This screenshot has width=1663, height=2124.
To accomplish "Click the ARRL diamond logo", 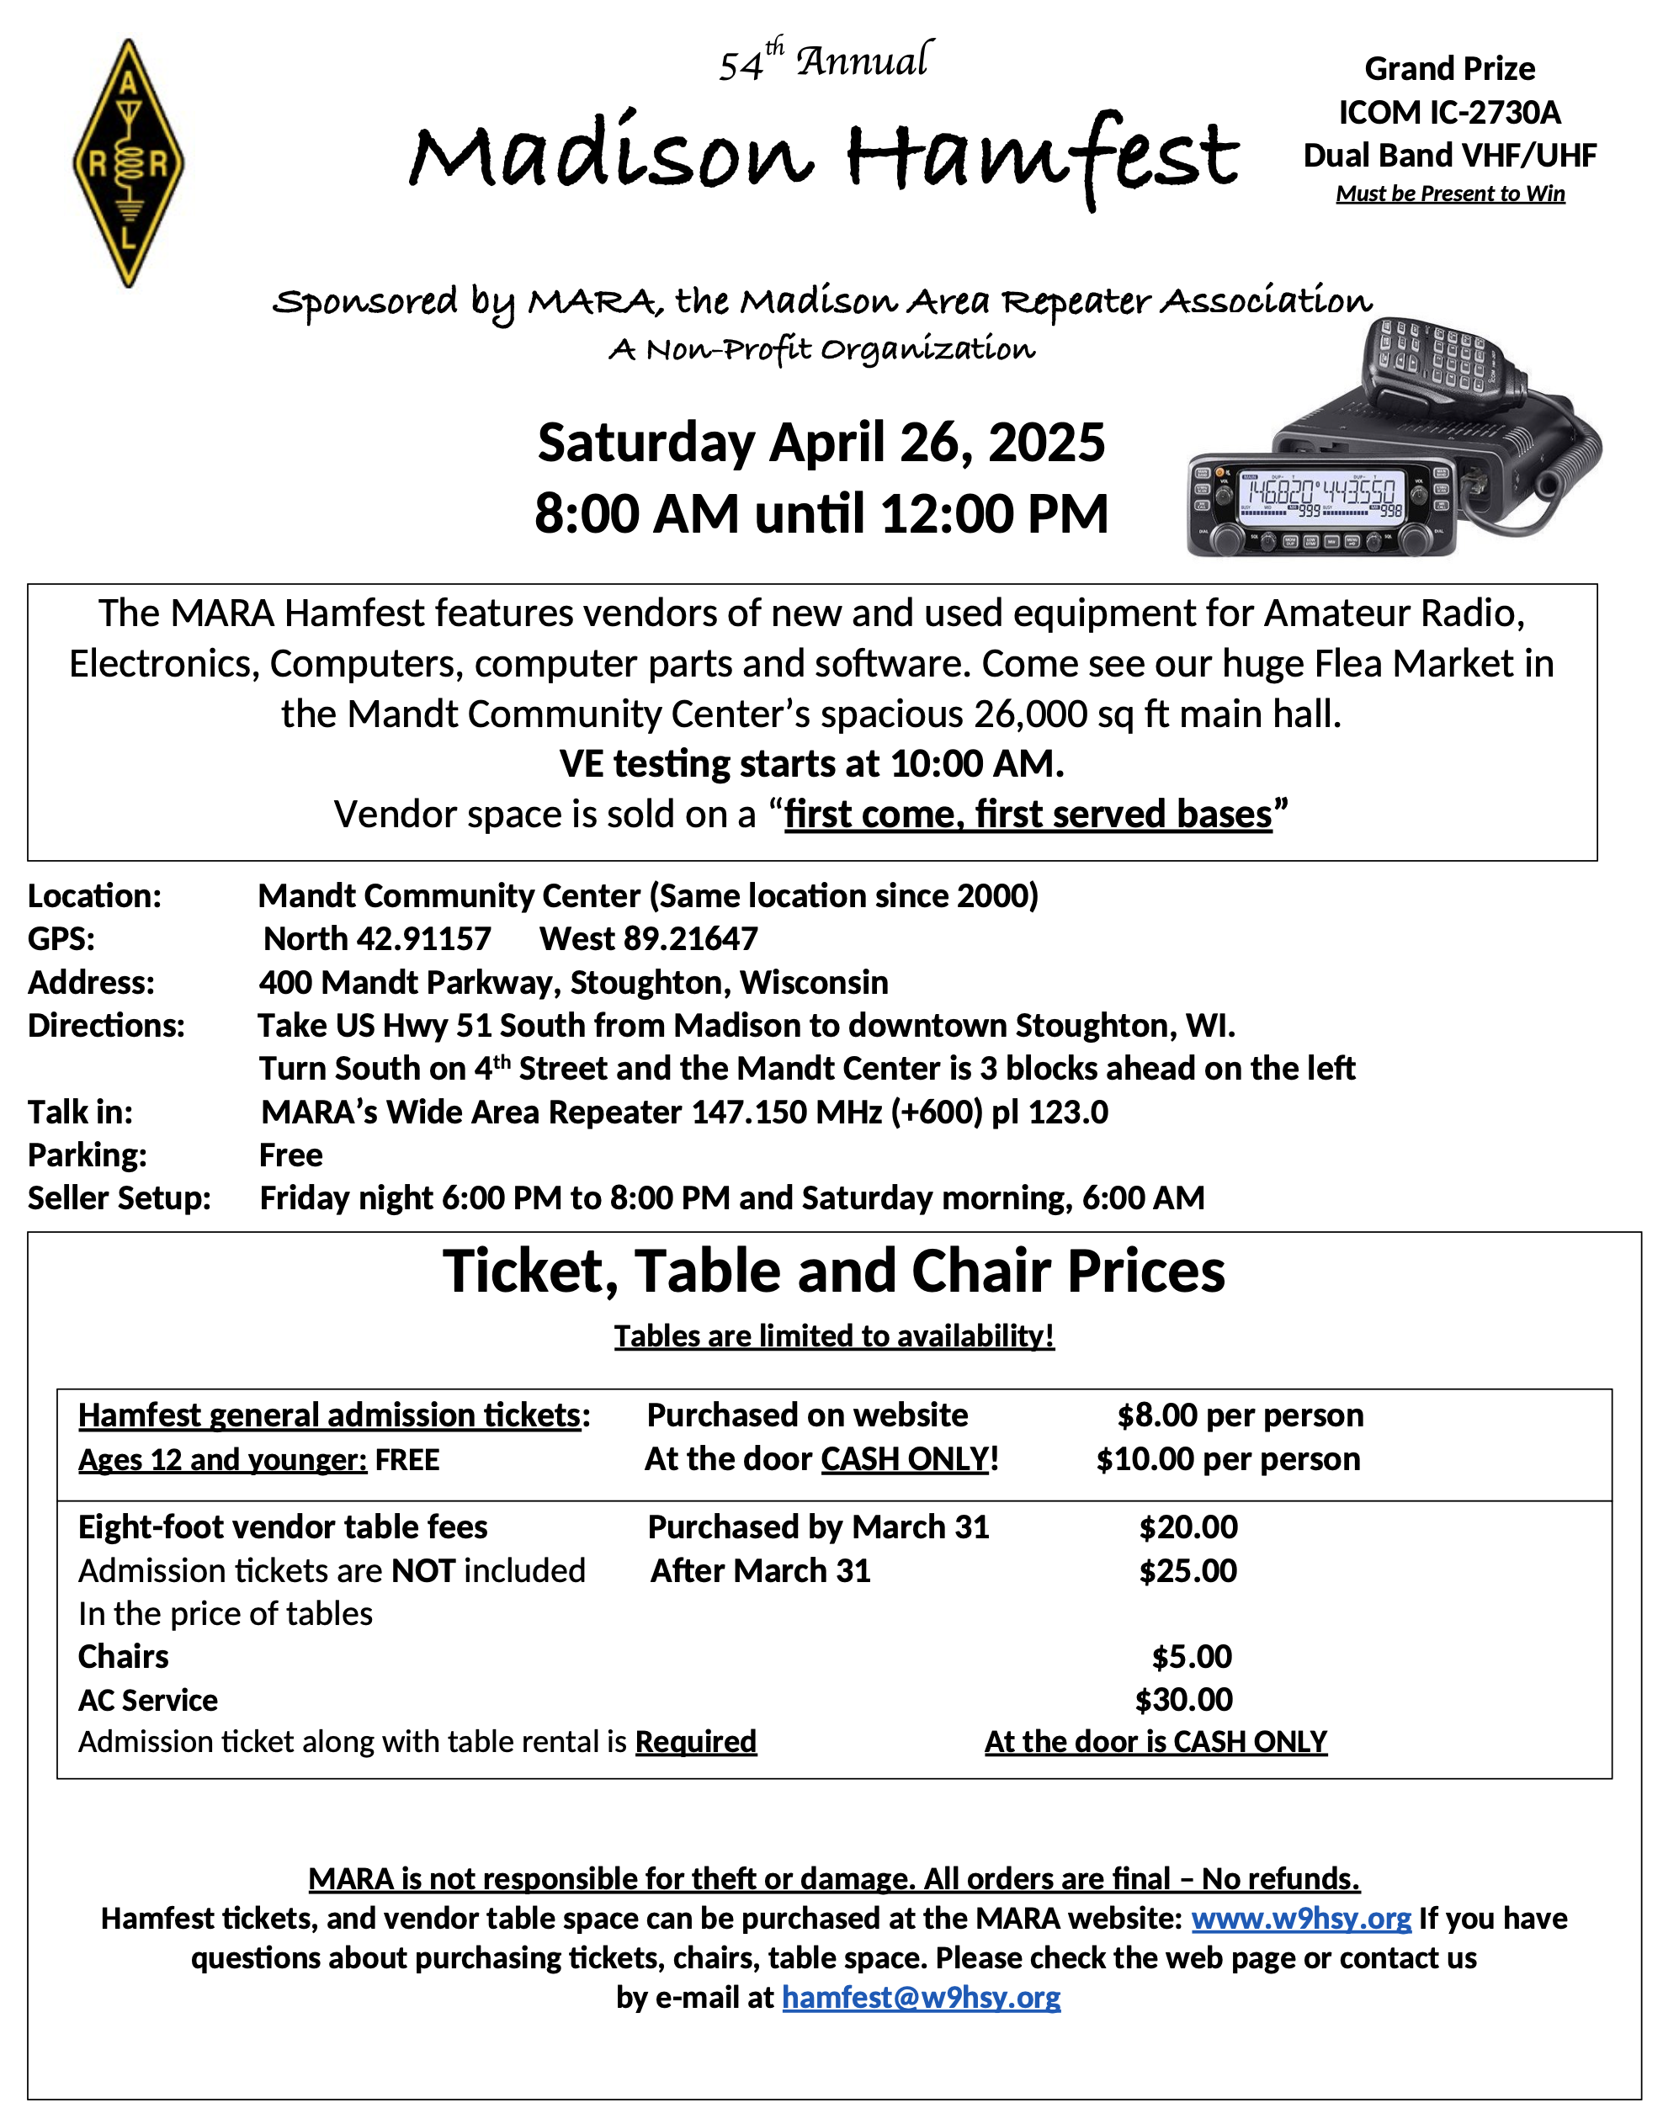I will (x=129, y=162).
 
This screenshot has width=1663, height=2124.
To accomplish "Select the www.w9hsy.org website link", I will (x=1301, y=1918).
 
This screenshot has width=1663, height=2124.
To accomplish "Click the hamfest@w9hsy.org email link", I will (x=921, y=1998).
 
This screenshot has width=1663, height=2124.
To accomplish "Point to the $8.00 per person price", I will (x=1240, y=1415).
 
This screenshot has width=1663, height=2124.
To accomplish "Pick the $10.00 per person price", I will (x=1228, y=1458).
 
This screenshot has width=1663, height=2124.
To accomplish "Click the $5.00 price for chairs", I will (x=1192, y=1656).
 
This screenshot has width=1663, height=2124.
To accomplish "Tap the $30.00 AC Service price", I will (x=1184, y=1700).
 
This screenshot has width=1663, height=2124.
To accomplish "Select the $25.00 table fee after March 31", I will (x=1187, y=1570).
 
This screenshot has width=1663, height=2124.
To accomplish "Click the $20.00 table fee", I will (x=1187, y=1527).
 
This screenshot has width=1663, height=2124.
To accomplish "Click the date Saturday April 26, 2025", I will (x=821, y=443).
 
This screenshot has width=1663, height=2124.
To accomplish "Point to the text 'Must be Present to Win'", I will (x=1450, y=194).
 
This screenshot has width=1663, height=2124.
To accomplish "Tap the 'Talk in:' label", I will (x=80, y=1112).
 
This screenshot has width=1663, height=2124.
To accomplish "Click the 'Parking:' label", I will (x=88, y=1155).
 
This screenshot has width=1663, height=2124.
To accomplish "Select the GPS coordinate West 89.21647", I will (x=649, y=938).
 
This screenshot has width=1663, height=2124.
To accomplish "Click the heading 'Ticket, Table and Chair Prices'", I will (x=833, y=1272).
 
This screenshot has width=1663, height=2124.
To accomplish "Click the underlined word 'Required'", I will (x=695, y=1741).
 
